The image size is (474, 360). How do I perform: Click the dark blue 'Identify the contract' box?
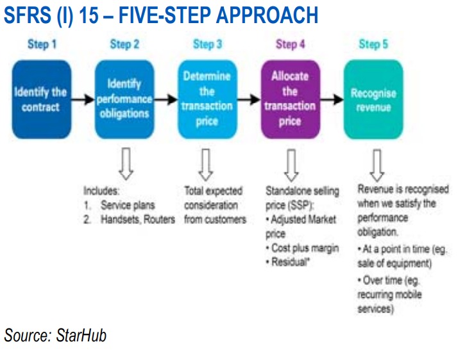[x=42, y=99]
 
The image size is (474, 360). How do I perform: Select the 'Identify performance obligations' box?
[x=124, y=99]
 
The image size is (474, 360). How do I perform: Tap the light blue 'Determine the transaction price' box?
[x=207, y=99]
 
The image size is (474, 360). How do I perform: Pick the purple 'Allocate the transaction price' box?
[x=290, y=99]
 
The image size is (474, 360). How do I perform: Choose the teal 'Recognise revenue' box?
[x=373, y=99]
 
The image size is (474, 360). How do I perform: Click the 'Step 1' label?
[x=42, y=44]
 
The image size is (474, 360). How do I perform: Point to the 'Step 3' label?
[x=208, y=44]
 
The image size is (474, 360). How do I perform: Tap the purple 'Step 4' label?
[x=291, y=44]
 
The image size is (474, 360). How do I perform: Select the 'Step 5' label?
[x=373, y=44]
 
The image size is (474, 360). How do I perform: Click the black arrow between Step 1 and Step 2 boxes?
[x=83, y=99]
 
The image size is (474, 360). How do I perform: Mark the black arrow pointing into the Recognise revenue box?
[x=332, y=99]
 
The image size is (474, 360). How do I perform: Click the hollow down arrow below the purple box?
[x=291, y=165]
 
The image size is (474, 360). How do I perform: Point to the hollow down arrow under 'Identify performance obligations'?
[x=126, y=164]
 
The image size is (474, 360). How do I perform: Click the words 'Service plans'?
[x=128, y=205]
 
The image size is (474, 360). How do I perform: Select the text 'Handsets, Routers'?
[x=138, y=219]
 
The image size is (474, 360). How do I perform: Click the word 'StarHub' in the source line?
[x=81, y=336]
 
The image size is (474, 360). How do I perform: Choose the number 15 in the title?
[x=89, y=15]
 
